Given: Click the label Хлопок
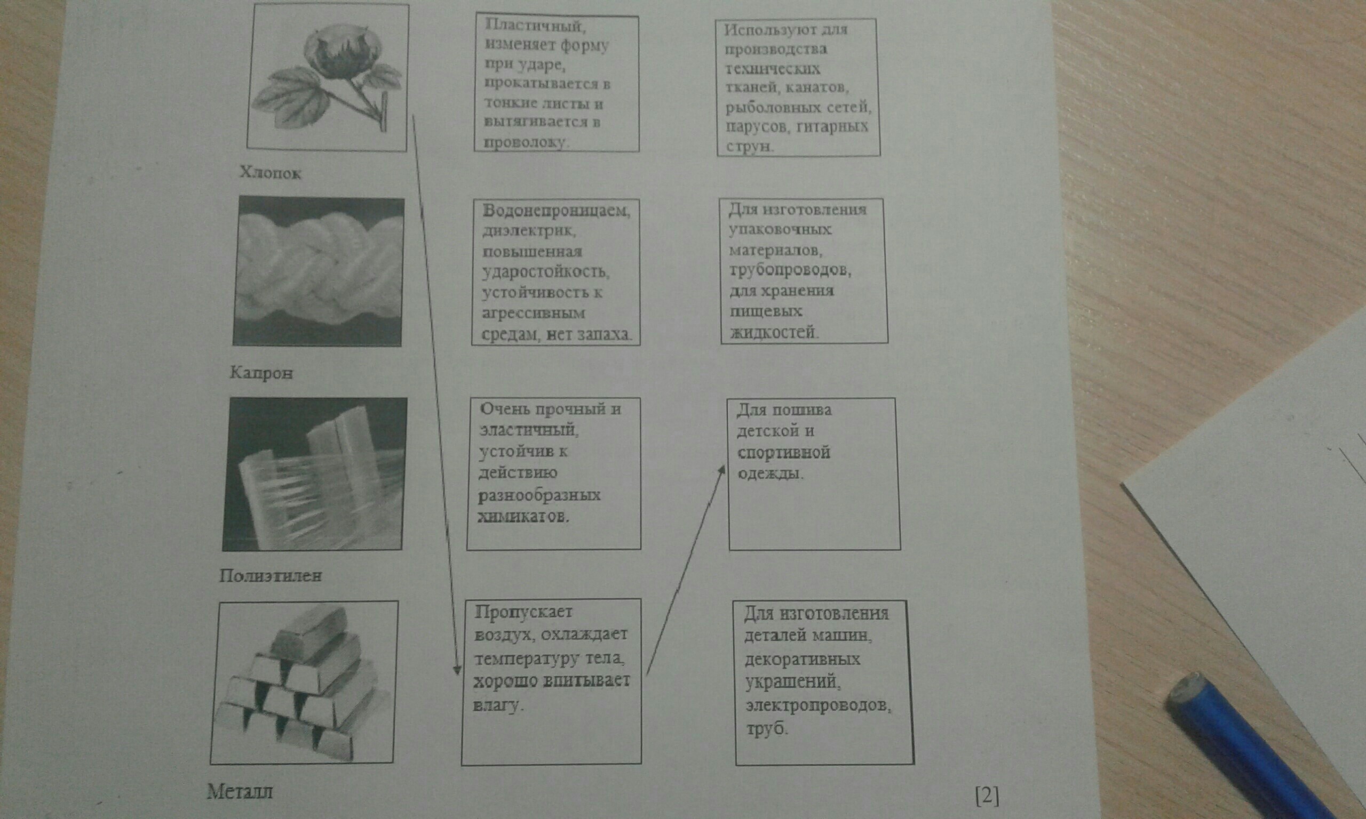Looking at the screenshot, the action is coord(271,173).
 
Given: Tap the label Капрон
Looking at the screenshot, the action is coord(261,373).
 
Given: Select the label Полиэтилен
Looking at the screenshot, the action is coord(270,576).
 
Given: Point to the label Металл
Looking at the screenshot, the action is coord(240,792).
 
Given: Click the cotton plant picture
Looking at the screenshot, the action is coord(328,77).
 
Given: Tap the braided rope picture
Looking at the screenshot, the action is coord(319,271).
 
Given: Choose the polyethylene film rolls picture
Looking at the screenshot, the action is coord(315,474).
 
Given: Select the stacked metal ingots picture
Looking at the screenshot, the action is coord(304,682).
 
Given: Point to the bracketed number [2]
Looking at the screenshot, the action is coord(987,796).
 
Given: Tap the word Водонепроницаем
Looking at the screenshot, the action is coord(557,211).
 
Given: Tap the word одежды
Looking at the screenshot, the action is coord(769,473).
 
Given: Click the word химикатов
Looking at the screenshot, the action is coord(522,517).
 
